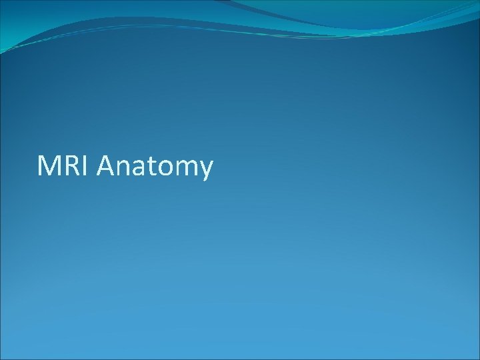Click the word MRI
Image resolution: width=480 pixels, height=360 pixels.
(65, 166)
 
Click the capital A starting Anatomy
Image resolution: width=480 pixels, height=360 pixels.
(106, 166)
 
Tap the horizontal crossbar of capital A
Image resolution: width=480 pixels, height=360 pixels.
(106, 170)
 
